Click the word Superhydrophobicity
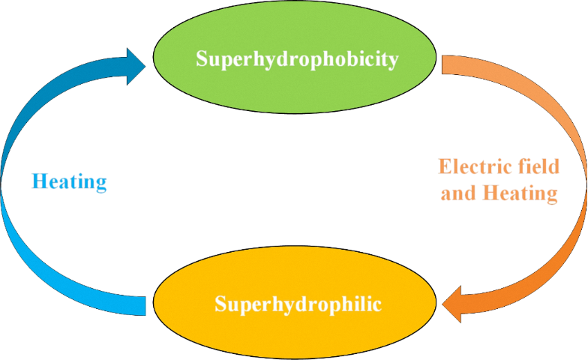click(297, 59)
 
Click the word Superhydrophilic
click(298, 304)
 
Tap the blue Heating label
click(69, 182)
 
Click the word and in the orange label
click(459, 193)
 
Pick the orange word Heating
click(520, 194)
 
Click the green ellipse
click(295, 57)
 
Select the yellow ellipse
click(295, 302)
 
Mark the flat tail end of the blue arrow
click(145, 306)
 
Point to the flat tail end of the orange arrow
click(442, 64)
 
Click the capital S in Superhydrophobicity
click(202, 58)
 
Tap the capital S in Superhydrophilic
click(220, 303)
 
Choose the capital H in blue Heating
click(39, 181)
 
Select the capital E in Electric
click(444, 166)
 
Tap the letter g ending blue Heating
click(102, 185)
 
